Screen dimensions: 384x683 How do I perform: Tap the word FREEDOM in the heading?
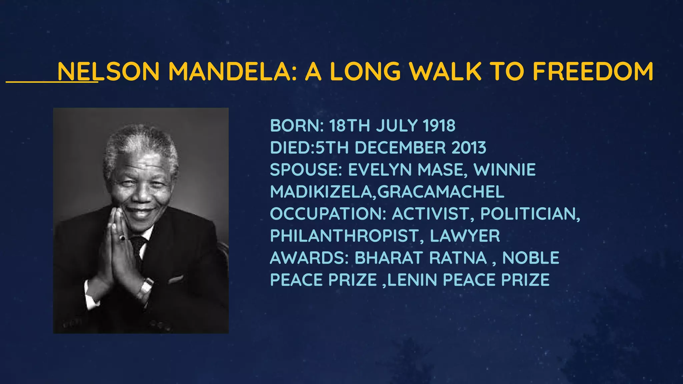[593, 71]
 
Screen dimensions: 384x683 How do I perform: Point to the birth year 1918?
[439, 126]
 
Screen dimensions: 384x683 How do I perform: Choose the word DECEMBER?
[400, 148]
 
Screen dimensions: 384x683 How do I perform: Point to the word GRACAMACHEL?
[441, 192]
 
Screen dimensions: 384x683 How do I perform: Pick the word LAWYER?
[465, 236]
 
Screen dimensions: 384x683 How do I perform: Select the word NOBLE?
[531, 258]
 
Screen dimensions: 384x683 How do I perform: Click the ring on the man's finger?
[122, 238]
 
